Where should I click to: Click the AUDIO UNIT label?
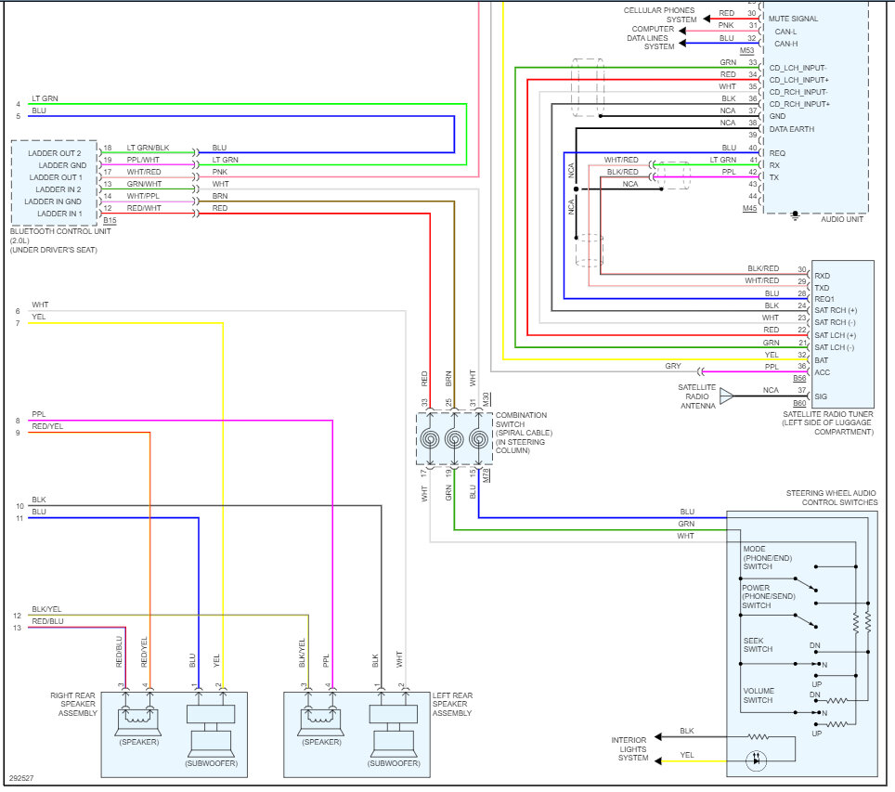[841, 219]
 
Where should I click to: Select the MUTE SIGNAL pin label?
[793, 19]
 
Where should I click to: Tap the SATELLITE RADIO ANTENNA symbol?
[725, 396]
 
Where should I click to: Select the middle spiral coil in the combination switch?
[454, 439]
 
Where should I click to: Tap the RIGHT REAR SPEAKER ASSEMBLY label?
[73, 704]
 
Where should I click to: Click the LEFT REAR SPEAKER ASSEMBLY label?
[452, 704]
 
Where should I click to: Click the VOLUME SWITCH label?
[759, 695]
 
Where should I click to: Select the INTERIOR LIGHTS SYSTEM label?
[629, 748]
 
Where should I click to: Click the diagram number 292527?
[22, 778]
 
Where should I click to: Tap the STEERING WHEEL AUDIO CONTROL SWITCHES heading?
[831, 498]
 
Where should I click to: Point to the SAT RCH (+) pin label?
[836, 310]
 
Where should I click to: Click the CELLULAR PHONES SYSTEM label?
[659, 15]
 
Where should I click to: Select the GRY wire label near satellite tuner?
[673, 367]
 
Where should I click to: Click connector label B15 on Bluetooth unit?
[110, 221]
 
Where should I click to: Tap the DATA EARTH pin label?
[791, 129]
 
